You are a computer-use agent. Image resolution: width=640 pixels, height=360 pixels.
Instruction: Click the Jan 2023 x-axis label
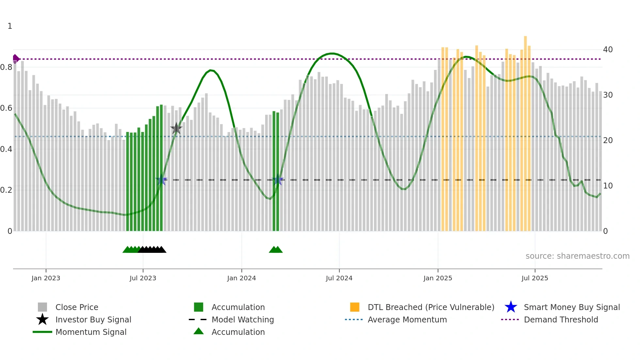46,278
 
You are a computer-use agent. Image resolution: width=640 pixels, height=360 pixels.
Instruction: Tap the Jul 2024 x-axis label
339,278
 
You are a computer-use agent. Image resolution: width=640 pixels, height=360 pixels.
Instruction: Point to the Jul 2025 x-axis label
535,278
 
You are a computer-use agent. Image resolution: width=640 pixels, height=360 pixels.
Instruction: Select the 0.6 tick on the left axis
6,108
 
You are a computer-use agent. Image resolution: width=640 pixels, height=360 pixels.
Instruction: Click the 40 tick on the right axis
608,50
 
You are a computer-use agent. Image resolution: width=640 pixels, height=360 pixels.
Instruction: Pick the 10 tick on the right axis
608,186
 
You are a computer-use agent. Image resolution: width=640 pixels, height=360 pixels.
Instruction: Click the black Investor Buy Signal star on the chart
176,128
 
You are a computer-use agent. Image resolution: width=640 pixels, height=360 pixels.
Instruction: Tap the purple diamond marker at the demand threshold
16,59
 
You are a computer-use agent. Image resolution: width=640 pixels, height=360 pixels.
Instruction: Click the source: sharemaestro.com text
577,256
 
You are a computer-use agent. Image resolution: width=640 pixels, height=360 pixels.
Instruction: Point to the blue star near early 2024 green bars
278,180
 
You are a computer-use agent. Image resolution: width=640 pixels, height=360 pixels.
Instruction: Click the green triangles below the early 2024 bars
276,250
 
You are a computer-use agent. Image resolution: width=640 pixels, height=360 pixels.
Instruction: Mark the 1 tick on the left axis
10,26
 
